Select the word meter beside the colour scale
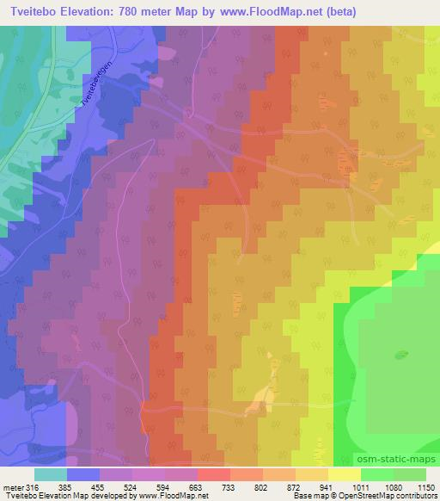14,488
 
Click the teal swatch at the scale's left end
51,474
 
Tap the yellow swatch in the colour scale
344,474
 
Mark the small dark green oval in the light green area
401,354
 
